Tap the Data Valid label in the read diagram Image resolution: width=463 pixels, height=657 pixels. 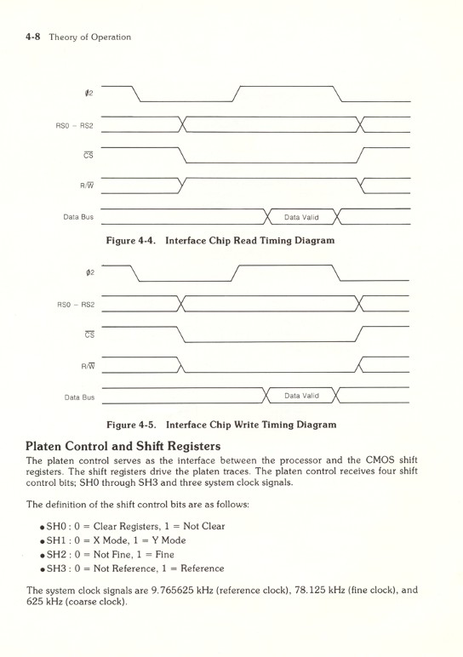[301, 216]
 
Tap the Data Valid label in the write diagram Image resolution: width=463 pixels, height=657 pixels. [301, 395]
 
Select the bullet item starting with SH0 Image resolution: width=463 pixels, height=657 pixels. [128, 526]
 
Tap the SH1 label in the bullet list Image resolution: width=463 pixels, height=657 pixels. [48, 541]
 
